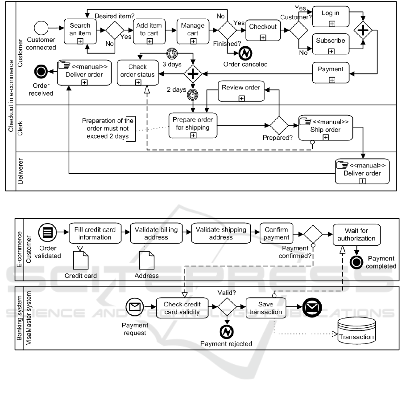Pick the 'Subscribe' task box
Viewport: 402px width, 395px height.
(x=330, y=44)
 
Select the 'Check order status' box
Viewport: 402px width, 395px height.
(x=137, y=73)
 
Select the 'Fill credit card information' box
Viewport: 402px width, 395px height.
(x=95, y=234)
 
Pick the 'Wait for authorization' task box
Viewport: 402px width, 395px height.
(x=356, y=234)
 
